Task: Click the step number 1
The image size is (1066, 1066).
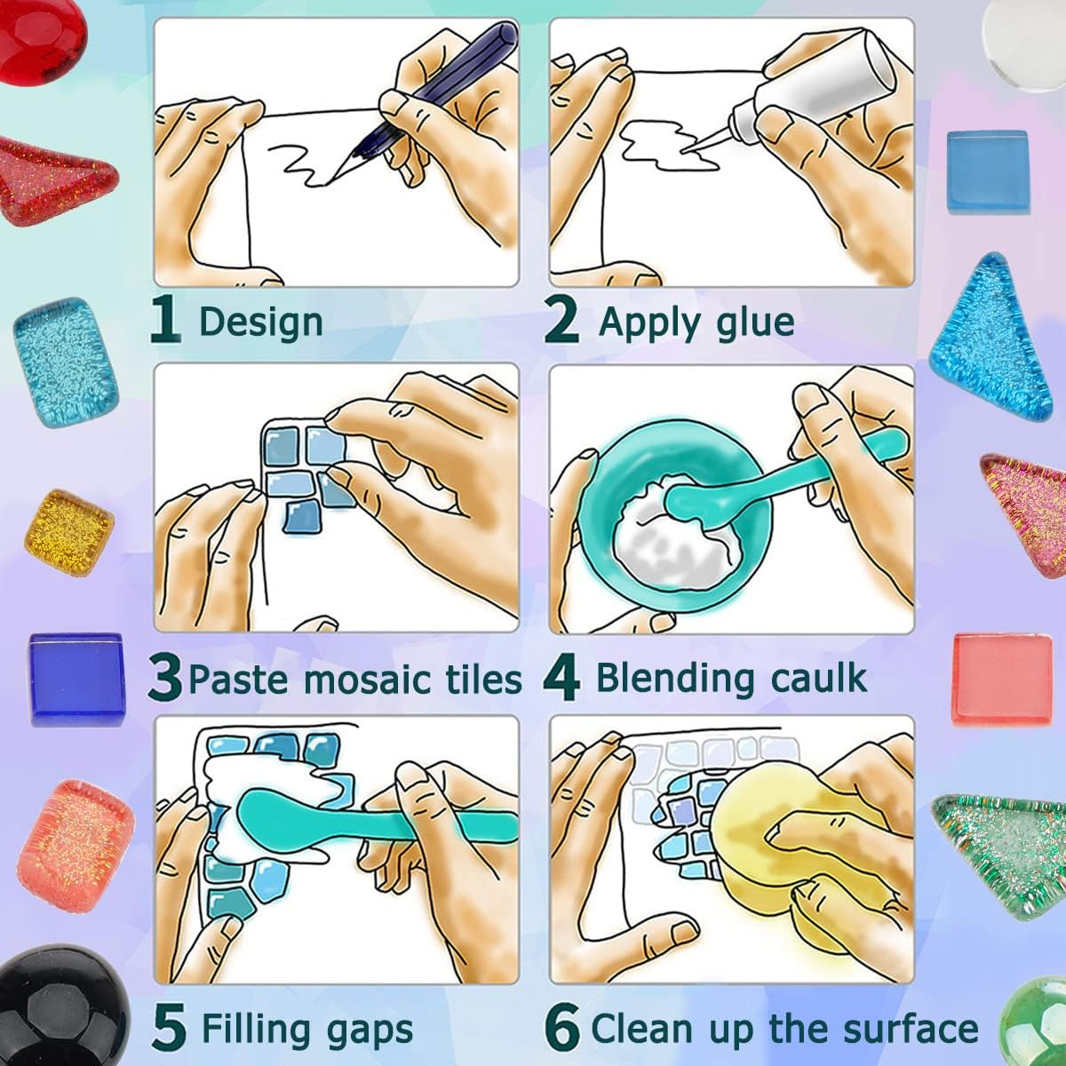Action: (165, 322)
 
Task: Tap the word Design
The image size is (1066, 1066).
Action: (260, 322)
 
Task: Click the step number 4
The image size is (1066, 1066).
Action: (561, 678)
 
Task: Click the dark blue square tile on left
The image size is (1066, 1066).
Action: (75, 680)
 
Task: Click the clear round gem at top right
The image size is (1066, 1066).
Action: (1022, 36)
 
